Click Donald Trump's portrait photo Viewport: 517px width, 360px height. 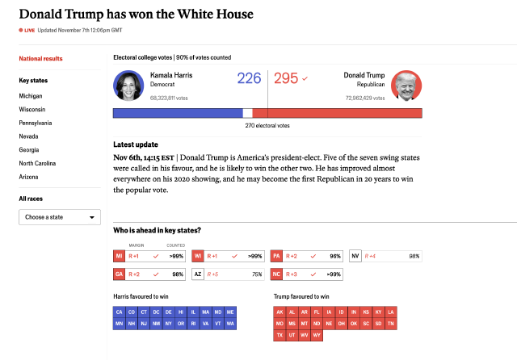coord(406,86)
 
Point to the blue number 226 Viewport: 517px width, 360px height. coord(249,78)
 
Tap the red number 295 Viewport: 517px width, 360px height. coord(286,78)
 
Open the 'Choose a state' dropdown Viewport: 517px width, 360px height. coord(60,217)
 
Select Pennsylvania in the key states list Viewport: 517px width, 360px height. coord(36,123)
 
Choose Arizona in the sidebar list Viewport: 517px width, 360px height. coord(30,176)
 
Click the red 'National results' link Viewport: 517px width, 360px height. coord(41,59)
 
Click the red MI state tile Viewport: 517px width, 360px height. coord(120,256)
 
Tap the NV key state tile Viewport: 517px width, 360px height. coord(355,256)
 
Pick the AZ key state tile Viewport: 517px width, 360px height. coord(198,274)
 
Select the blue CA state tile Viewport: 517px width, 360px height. coord(120,312)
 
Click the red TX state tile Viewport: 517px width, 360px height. coord(280,334)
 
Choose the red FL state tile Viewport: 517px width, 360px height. coord(317,312)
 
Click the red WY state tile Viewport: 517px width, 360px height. coord(317,334)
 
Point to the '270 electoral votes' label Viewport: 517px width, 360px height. coord(267,126)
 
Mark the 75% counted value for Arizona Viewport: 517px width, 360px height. coord(256,274)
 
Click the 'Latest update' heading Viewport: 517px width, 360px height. coord(136,144)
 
